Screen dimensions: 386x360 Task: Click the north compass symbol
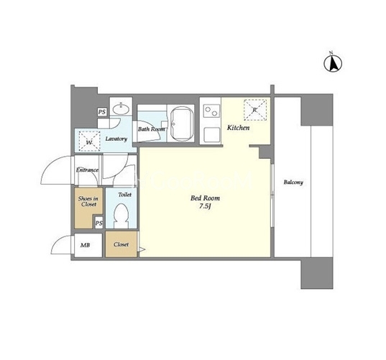(333, 63)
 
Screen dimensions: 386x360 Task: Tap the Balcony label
(293, 183)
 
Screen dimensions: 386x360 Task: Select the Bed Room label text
(205, 198)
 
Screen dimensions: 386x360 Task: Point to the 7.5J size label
(206, 206)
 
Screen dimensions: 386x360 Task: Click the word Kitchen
(238, 128)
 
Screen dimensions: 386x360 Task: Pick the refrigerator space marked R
(255, 110)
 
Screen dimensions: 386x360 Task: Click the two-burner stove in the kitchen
(211, 111)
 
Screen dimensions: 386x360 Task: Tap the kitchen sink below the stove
(211, 134)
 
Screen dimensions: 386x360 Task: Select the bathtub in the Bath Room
(182, 124)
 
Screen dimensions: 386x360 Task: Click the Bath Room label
(152, 129)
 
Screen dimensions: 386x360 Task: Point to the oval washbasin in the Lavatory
(121, 109)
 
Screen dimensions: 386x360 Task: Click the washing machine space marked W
(89, 142)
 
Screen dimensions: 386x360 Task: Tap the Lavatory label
(116, 139)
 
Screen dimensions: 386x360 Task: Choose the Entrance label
(87, 170)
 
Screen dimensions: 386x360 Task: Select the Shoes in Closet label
(88, 201)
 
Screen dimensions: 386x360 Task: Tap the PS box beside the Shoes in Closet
(98, 223)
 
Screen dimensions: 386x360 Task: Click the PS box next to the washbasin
(102, 112)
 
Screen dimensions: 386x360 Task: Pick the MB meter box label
(85, 245)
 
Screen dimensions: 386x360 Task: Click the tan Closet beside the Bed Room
(121, 244)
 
